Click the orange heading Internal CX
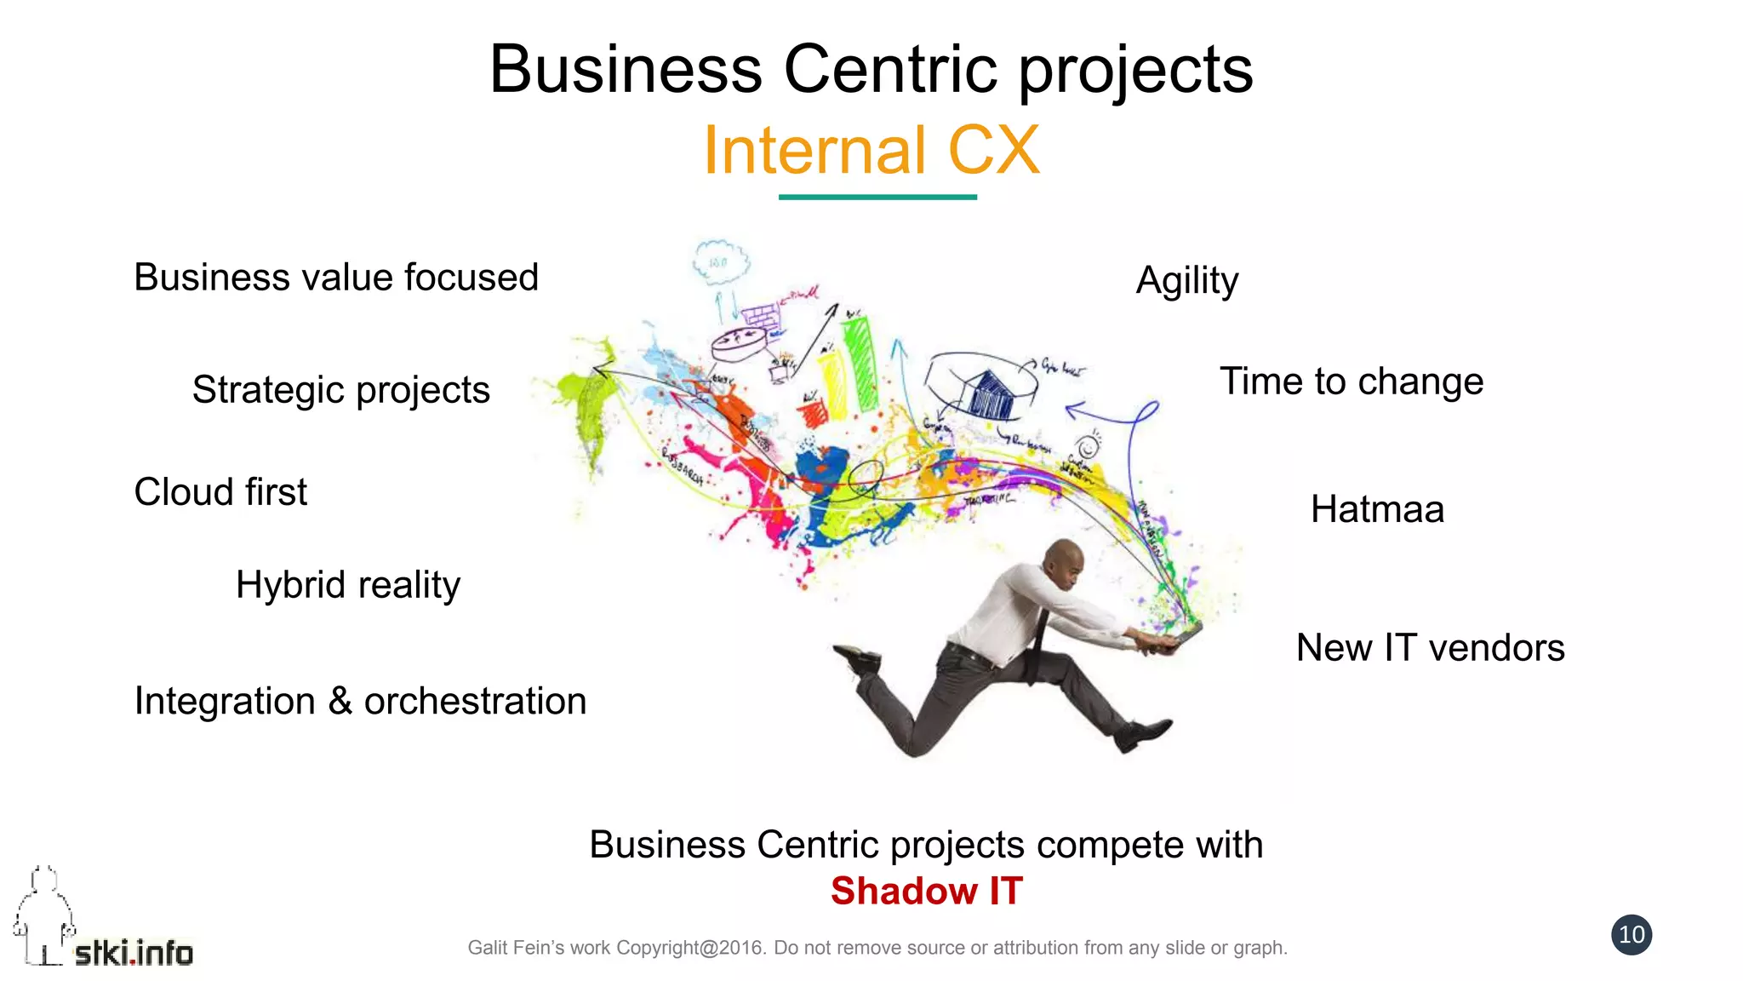pos(871,151)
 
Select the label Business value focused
pos(336,278)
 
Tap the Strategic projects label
pos(340,390)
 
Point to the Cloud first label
pos(220,492)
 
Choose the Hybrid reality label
pos(348,585)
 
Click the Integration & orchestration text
pos(360,702)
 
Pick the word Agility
pos(1187,281)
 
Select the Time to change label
pos(1352,381)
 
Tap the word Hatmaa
pos(1377,510)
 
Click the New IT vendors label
pos(1430,648)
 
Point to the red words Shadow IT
pos(926,892)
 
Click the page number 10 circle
pos(1632,935)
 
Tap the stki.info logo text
pos(134,953)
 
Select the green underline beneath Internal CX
pos(877,198)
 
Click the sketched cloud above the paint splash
pos(720,261)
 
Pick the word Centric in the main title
pos(890,70)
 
